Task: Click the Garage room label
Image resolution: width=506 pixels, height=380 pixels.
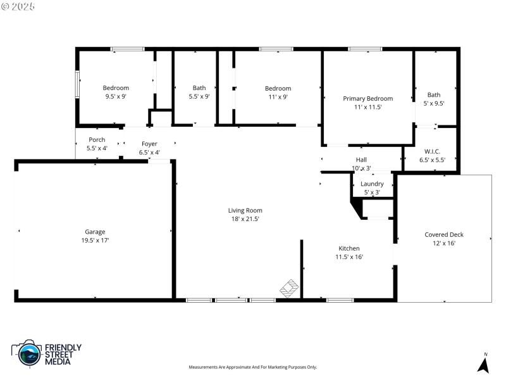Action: tap(95, 232)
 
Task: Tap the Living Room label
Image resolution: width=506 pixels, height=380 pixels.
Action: tap(245, 210)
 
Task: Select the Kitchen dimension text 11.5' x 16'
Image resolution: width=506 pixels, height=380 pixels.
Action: tap(349, 257)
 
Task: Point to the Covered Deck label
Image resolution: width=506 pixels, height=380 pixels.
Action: tap(443, 234)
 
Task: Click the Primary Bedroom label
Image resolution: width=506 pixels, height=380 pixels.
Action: tap(367, 98)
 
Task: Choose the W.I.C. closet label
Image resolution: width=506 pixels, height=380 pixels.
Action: tap(432, 151)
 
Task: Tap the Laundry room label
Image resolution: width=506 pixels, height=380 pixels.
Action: tap(372, 184)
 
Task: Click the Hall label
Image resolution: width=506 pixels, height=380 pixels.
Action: tap(361, 160)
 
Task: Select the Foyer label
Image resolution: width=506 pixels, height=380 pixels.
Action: tap(149, 144)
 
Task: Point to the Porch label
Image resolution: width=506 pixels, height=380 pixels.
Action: tap(97, 139)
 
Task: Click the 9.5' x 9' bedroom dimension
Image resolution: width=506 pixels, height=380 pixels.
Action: tap(116, 97)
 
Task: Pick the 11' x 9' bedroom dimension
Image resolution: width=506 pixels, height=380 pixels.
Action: tap(278, 97)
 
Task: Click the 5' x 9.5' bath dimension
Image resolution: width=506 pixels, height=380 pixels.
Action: tap(434, 103)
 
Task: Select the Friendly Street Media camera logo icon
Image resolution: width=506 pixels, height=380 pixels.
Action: tap(26, 354)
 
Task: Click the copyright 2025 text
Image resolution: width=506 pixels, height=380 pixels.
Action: tap(18, 6)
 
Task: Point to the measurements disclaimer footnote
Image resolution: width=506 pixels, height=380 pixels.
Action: tap(253, 367)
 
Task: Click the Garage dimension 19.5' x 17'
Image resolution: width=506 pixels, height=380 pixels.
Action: tap(95, 241)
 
